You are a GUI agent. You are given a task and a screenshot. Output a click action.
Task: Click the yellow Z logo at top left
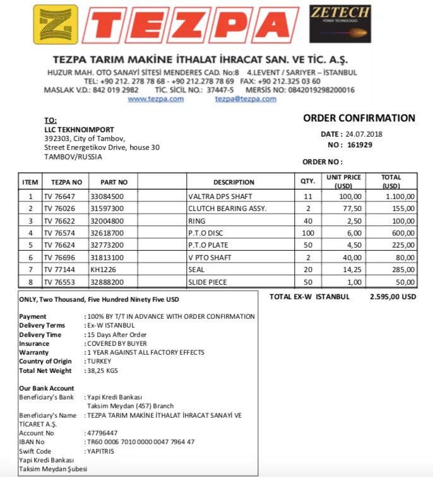coord(55,25)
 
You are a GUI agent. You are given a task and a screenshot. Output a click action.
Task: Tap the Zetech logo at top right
coord(340,23)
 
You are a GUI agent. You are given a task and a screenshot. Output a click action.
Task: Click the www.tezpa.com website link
coord(155,99)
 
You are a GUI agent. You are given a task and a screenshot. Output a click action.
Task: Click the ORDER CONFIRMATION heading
coord(359,118)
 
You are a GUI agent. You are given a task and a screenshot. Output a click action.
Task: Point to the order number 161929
coord(360,144)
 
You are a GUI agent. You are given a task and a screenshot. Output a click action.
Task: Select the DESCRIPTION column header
coord(234,182)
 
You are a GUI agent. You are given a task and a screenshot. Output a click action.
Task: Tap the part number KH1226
coord(102,270)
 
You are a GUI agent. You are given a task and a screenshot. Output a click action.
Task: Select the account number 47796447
coord(102,433)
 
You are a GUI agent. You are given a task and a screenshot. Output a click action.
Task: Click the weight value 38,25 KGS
coord(104,371)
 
